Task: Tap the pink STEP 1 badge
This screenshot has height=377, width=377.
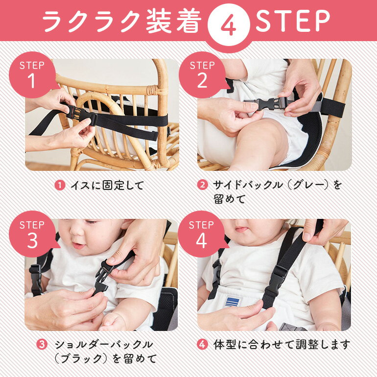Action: [x=33, y=75]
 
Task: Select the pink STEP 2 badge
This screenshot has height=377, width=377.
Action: [x=203, y=75]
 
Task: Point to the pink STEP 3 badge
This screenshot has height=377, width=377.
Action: [x=33, y=234]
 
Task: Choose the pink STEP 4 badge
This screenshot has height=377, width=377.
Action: [x=202, y=234]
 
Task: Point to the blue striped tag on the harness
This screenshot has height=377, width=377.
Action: [x=233, y=302]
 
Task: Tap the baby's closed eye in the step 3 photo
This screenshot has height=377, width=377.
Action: [x=90, y=222]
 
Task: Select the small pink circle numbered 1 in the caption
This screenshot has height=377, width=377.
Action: [x=60, y=186]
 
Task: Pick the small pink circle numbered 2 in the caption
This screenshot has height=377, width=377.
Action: [x=202, y=185]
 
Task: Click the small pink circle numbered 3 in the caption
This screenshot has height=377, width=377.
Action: [x=42, y=345]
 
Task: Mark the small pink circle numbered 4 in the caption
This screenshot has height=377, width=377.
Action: [x=202, y=345]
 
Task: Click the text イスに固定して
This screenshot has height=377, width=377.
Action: [x=107, y=186]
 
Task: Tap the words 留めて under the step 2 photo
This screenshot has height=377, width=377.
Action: [x=229, y=199]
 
